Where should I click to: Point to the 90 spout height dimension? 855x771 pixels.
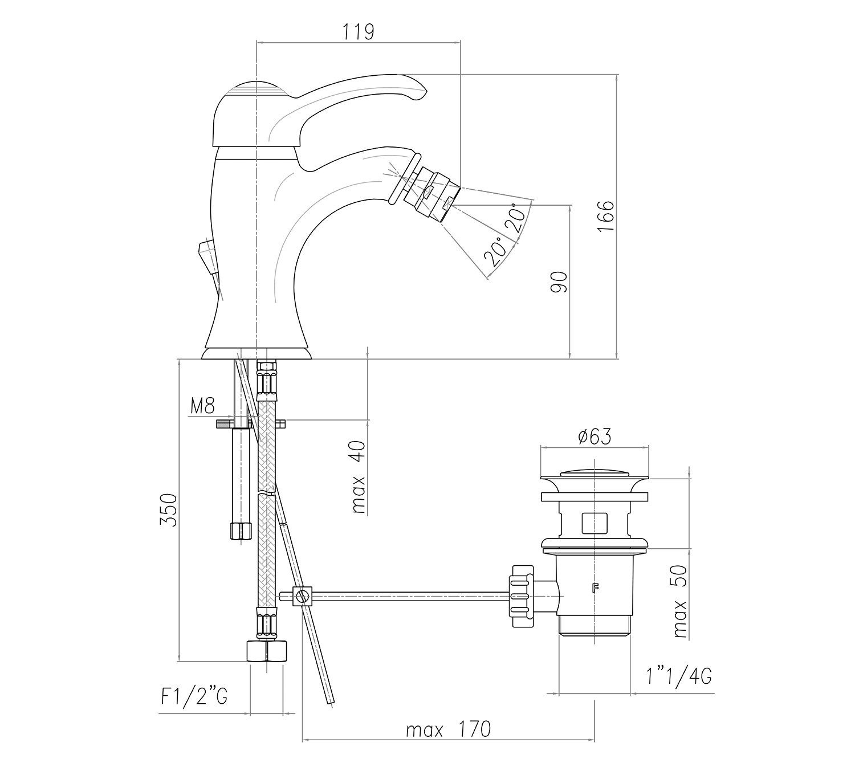point(560,282)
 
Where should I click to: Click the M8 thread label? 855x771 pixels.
point(202,406)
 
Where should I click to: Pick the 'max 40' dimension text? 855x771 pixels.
point(359,477)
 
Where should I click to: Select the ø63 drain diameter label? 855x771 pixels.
point(594,437)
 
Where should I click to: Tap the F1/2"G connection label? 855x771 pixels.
point(194,697)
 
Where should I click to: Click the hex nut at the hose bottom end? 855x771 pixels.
point(267,651)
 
